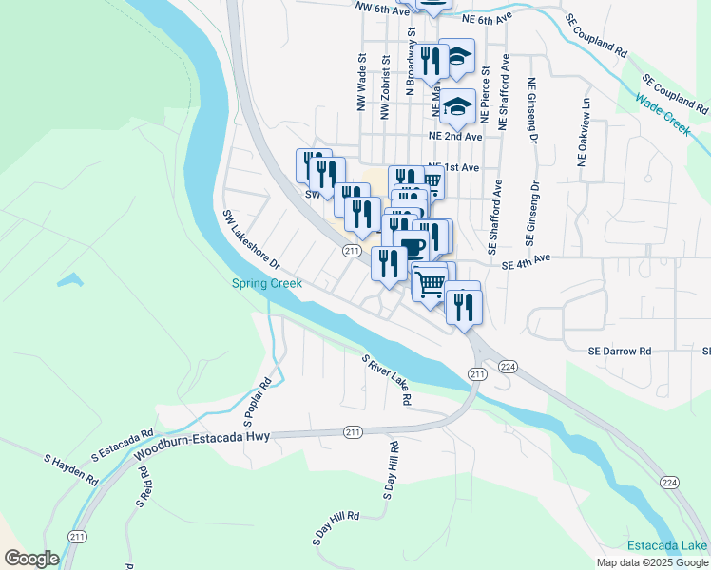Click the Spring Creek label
(267, 283)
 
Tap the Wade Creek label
(662, 117)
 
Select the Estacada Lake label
(666, 545)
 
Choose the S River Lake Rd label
(386, 380)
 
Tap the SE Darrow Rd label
(619, 351)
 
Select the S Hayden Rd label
(71, 469)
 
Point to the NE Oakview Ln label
(586, 132)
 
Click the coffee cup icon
(413, 247)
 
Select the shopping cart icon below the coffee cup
(430, 283)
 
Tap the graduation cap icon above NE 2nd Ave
(457, 106)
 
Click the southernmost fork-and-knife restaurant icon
(463, 307)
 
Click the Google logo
(31, 559)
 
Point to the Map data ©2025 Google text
(651, 562)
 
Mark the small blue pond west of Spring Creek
(67, 281)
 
